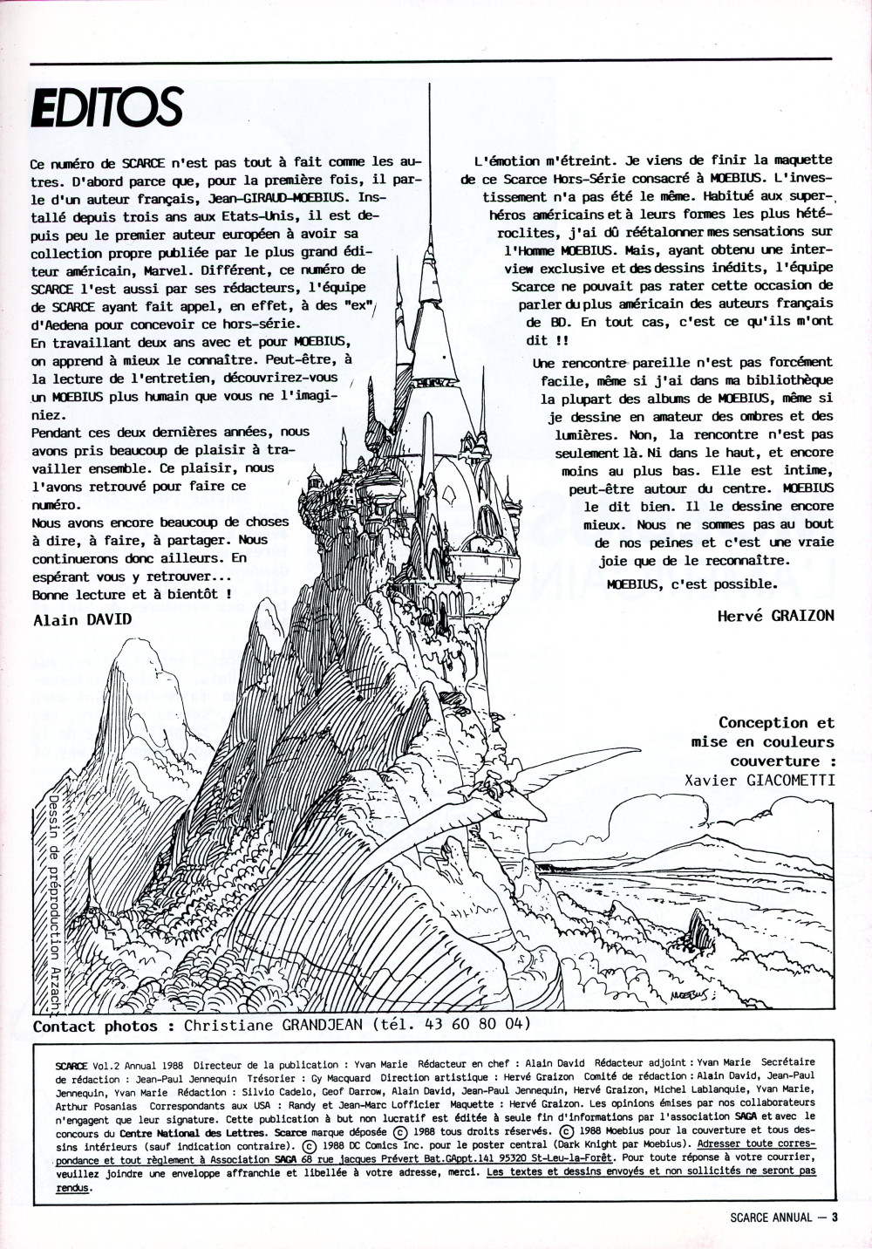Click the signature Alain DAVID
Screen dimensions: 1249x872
(82, 619)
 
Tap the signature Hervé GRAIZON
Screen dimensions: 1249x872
(775, 615)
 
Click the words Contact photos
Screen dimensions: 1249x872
(96, 1026)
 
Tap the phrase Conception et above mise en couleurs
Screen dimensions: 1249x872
(775, 722)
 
